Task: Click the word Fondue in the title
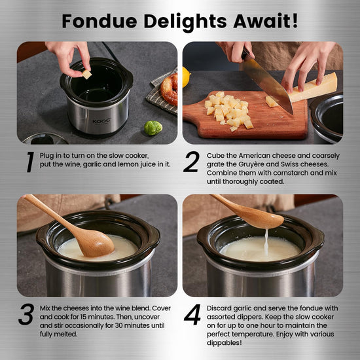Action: coord(99,21)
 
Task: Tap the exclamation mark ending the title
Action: coord(295,21)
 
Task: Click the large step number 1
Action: coord(30,162)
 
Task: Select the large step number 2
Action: coord(192,162)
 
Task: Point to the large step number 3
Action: coord(26,314)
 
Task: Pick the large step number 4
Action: coord(192,315)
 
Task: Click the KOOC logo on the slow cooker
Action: coord(101,121)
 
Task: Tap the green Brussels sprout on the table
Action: coord(153,128)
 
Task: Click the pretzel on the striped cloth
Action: coord(170,89)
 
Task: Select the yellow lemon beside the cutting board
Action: coord(186,77)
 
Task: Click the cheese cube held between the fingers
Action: coord(87,75)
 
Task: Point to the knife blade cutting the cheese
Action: coord(268,83)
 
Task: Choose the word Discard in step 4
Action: coord(219,308)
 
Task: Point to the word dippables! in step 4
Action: coord(225,343)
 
